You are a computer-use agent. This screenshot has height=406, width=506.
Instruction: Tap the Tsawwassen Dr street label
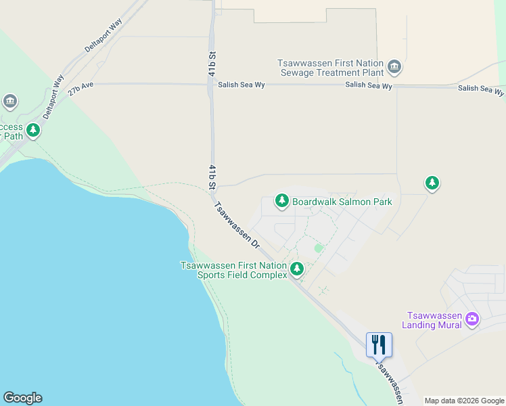point(237,224)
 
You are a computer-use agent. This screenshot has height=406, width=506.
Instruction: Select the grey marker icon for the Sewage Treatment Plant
point(395,68)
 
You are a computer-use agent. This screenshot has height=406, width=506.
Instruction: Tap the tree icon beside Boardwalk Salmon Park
point(281,201)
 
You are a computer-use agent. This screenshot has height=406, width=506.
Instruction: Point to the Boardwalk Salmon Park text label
point(342,202)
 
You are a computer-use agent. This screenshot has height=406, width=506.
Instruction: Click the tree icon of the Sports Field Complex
point(296,270)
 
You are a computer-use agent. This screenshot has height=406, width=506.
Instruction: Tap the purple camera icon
point(471,319)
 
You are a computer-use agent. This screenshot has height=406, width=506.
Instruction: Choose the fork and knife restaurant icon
point(379,344)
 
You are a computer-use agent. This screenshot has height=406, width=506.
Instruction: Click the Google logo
point(22,398)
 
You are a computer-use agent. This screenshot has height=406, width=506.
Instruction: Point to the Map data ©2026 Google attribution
point(464,401)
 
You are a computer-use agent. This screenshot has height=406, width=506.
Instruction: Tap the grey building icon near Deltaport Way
point(9,102)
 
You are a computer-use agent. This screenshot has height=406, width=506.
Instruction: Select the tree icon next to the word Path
point(33,129)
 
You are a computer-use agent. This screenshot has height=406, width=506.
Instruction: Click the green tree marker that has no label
point(432,183)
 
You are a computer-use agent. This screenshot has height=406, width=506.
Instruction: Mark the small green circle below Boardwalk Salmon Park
point(319,248)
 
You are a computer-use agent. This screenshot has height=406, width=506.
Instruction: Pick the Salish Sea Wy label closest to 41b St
point(241,85)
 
